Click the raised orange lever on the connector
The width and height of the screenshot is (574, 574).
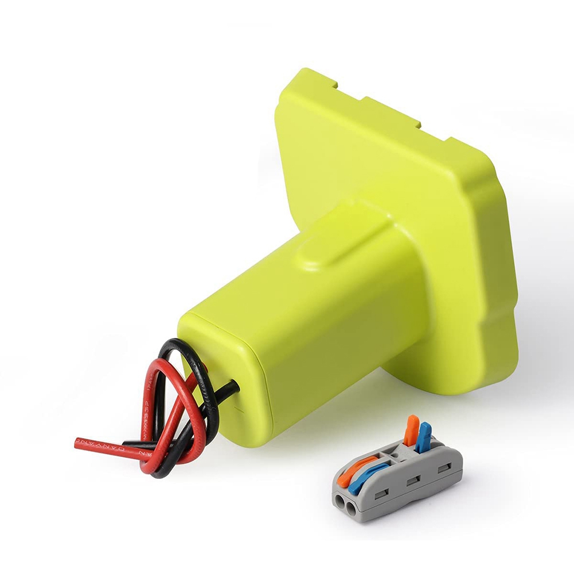(x=412, y=429)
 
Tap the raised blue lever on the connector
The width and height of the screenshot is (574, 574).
(x=425, y=435)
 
